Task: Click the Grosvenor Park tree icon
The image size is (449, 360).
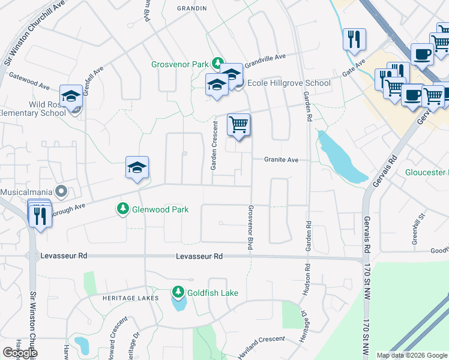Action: [218, 62]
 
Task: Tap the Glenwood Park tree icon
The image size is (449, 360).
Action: [123, 209]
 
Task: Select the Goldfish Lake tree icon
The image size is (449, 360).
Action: [178, 292]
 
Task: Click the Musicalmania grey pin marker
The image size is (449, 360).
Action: [61, 192]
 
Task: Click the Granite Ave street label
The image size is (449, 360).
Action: [282, 160]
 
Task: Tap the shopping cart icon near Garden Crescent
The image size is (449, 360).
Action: [238, 125]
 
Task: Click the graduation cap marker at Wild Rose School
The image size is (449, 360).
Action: [71, 97]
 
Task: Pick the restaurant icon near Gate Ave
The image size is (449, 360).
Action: [354, 40]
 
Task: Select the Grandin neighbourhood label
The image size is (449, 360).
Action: [192, 8]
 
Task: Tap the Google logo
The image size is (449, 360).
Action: [19, 353]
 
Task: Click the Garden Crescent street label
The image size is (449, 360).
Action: [213, 145]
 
